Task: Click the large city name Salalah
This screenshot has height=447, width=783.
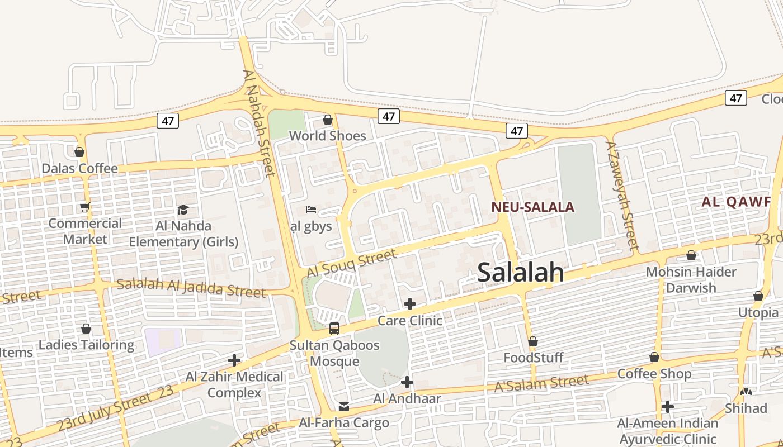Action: [x=521, y=272]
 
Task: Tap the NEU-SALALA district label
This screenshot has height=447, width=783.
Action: [x=532, y=207]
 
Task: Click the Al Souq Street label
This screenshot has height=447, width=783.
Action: [x=352, y=263]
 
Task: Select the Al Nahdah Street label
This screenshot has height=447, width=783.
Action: [x=260, y=123]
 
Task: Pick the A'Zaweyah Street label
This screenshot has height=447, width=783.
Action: [x=622, y=195]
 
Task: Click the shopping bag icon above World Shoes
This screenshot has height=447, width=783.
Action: [x=328, y=120]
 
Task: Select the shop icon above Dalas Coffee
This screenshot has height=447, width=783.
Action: [x=79, y=152]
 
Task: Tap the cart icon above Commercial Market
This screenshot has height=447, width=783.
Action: [x=84, y=207]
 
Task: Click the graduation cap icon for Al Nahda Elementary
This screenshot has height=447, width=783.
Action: [x=183, y=210]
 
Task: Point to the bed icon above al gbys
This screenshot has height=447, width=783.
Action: [x=311, y=210]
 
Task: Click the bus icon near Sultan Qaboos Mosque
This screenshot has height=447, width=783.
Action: [x=334, y=329]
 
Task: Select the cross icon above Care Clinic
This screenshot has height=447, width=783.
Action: [x=410, y=304]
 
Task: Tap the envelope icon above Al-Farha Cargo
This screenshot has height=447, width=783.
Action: [x=343, y=406]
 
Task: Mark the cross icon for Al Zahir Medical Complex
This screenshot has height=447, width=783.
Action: [x=234, y=360]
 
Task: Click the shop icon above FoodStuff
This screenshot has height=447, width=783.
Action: [x=533, y=341]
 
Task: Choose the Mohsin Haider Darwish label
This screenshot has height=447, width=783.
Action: [x=691, y=280]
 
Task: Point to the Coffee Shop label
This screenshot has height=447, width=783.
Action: [x=654, y=374]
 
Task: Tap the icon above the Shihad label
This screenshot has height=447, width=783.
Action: [x=746, y=392]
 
